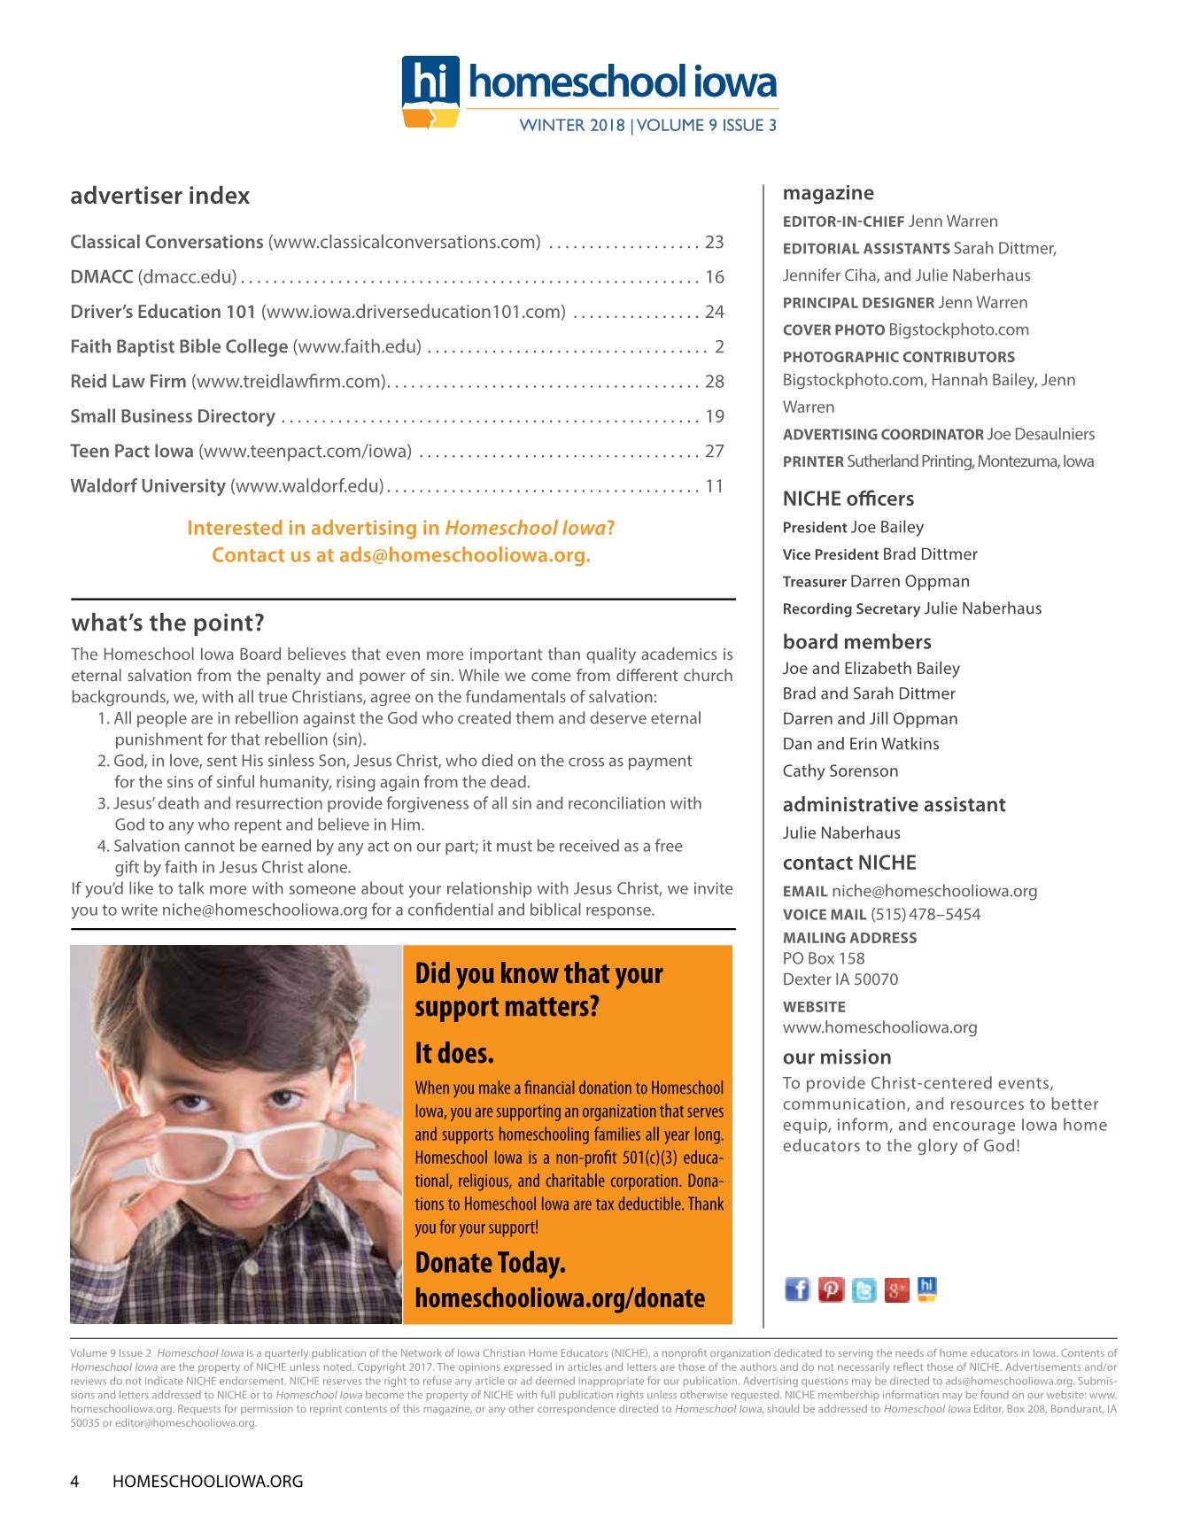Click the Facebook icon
797,1289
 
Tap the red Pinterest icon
831,1290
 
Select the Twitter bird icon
864,1290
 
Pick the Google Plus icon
896,1290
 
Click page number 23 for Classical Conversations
714,243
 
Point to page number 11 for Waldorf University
714,486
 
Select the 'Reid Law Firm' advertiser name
128,382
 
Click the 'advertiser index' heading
160,196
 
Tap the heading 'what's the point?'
167,623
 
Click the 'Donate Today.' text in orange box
490,1263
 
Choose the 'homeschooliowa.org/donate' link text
560,1298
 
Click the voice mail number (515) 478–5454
926,915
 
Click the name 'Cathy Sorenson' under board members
840,771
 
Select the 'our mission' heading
837,1057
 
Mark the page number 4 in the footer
75,1481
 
